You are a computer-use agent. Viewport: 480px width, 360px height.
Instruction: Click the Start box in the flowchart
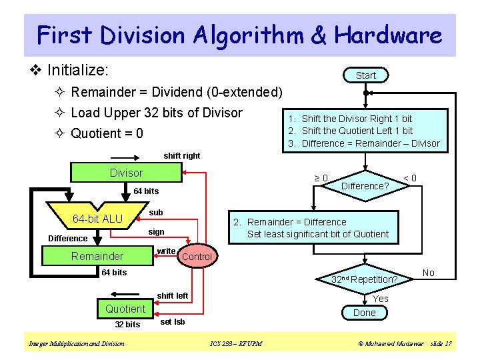(365, 75)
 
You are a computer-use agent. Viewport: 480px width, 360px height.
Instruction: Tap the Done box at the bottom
(364, 313)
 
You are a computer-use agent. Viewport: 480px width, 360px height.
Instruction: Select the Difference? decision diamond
(365, 186)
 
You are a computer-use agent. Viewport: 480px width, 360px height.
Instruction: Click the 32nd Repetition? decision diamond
(365, 279)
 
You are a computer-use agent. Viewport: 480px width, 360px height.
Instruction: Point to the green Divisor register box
(126, 173)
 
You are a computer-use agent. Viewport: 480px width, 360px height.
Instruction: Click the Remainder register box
(97, 256)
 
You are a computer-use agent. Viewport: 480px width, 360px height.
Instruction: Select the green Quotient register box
(125, 309)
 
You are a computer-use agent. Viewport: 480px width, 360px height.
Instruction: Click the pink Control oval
(197, 257)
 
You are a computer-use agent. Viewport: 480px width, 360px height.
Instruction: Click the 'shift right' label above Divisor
(182, 155)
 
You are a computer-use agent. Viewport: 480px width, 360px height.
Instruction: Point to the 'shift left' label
(173, 295)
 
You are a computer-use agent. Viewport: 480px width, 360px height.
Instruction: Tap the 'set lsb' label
(173, 322)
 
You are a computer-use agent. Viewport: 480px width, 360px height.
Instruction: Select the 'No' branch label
(429, 273)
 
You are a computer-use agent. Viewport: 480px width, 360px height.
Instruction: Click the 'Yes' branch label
(381, 299)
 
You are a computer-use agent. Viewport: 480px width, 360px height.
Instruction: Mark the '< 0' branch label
(410, 177)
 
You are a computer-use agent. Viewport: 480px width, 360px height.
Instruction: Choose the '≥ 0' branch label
(321, 178)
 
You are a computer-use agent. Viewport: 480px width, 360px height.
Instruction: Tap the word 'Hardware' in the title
(388, 35)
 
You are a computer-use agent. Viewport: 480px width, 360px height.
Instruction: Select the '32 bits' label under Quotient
(127, 325)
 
